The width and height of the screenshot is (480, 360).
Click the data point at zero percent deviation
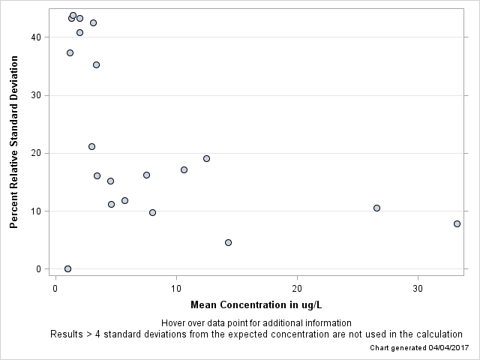67,268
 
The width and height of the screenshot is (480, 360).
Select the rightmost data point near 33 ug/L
457,223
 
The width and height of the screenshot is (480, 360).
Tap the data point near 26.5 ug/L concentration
376,208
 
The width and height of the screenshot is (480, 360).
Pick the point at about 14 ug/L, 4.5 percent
228,242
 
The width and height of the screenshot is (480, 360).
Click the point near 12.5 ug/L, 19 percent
206,158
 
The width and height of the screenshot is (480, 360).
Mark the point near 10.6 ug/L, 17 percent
184,169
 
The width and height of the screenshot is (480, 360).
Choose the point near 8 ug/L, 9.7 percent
152,212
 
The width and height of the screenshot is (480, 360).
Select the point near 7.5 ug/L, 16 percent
146,175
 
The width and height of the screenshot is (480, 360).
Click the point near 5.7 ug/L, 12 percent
124,200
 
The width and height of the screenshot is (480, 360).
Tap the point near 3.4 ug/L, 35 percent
96,64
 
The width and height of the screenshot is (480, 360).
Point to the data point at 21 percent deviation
91,146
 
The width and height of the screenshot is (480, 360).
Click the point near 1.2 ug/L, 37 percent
70,52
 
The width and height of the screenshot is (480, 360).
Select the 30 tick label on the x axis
418,288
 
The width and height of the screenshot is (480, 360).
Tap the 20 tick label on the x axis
297,288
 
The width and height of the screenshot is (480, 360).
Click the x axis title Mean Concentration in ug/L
256,305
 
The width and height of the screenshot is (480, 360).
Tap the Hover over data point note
256,323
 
